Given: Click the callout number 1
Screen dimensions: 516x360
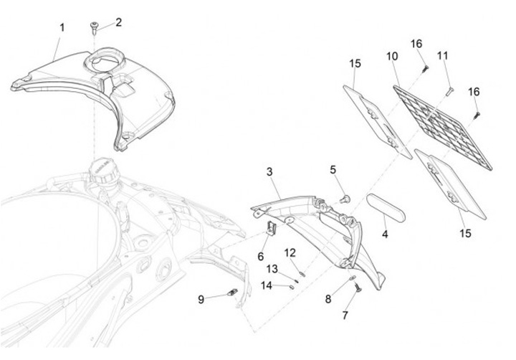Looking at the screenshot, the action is coord(62,28).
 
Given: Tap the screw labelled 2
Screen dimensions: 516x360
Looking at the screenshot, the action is coord(94,28).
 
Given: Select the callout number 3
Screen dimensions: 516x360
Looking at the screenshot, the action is coord(269,172).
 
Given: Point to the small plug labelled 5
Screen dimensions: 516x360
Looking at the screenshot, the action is coord(345,199).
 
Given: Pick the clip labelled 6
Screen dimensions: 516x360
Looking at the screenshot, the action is coord(271,228).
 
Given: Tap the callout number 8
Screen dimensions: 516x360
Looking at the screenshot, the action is coord(328,299).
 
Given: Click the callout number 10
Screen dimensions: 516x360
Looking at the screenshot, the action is coord(392,57).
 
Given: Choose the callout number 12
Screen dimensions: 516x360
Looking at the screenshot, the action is coord(290,253).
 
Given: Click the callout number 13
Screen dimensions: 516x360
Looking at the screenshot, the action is coord(272,269).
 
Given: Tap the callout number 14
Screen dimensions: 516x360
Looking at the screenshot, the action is coord(267,285).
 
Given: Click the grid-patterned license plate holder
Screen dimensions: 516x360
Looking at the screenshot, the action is coord(443,128).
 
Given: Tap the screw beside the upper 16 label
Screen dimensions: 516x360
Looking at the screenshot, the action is coord(424,69).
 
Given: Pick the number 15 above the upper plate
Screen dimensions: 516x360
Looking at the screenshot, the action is coord(355,64).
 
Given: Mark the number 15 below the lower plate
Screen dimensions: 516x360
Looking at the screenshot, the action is coord(465,234).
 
